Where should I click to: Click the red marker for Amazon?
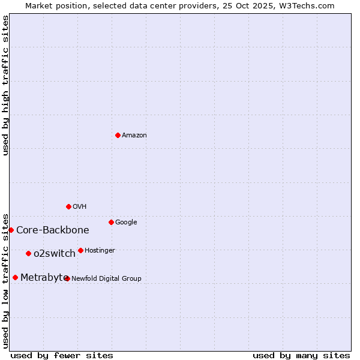coord(118,135)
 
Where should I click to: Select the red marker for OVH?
coord(68,206)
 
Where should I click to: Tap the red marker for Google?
coord(111,222)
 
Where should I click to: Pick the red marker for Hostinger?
coord(80,250)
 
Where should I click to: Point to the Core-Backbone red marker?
coord(11,230)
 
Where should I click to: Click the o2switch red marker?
coord(28,253)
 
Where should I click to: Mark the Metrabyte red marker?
coord(15,277)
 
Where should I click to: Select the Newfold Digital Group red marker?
coord(67,278)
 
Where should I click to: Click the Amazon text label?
coord(134,136)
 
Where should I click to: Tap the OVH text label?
coord(80,207)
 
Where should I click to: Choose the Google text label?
coord(126,223)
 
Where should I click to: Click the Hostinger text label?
coord(100,251)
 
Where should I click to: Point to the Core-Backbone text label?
coord(53,230)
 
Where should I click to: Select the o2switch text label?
coord(55,254)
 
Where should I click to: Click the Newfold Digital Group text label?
coord(107,279)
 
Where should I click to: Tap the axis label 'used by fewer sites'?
coord(62,355)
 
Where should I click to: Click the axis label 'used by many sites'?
coord(301,355)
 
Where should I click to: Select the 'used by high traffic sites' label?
coord(6,85)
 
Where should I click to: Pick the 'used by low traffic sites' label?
coord(6,280)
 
